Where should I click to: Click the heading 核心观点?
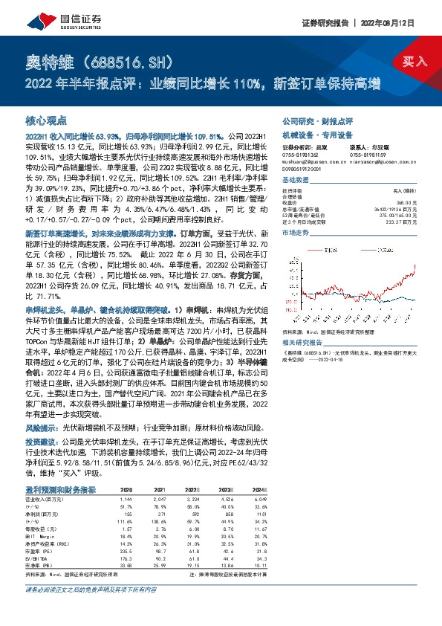[46, 120]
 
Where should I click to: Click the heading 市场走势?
[296, 233]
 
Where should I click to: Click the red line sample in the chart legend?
[327, 247]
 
